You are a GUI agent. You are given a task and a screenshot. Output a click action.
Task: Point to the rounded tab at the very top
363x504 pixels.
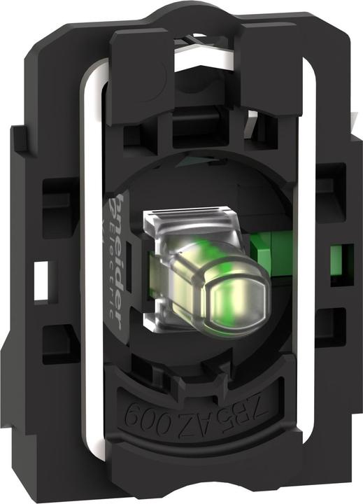[183, 14]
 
